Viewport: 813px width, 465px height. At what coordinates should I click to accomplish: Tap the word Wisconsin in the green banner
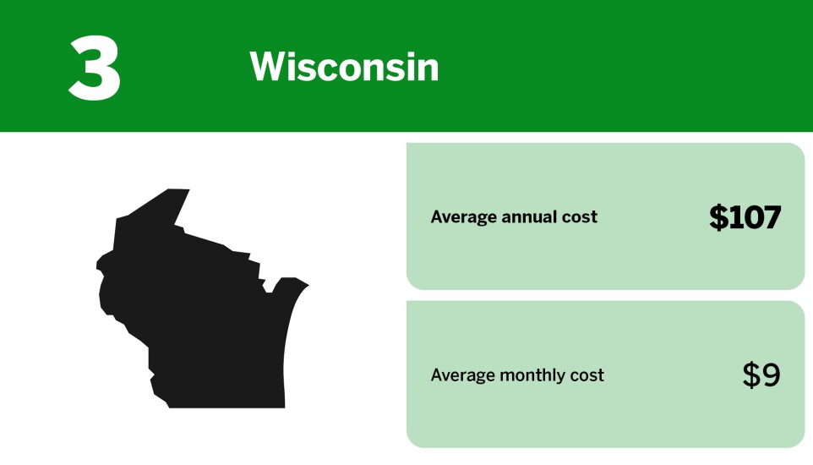345,67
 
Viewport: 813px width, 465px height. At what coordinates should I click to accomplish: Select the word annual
530,217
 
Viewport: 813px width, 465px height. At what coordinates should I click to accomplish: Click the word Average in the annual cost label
464,217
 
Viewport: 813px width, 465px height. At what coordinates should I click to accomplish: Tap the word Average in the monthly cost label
464,375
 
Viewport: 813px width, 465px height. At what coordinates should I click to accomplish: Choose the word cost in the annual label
580,217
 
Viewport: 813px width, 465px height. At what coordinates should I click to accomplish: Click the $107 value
745,217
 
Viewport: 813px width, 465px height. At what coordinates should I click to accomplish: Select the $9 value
761,375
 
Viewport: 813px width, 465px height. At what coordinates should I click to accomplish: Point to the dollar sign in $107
718,217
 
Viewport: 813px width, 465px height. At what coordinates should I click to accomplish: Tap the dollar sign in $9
751,375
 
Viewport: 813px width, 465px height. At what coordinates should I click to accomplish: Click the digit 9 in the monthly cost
771,375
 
